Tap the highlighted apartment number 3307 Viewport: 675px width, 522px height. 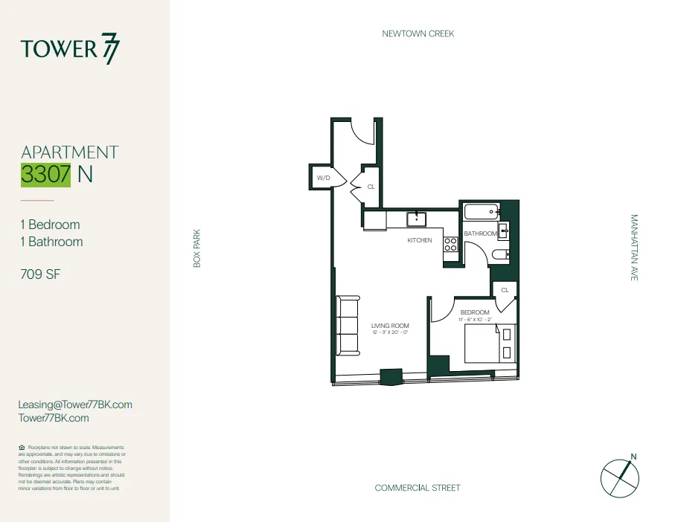46,175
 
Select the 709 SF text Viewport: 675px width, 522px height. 40,274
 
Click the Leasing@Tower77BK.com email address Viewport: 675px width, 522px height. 75,405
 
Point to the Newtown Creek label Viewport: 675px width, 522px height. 418,33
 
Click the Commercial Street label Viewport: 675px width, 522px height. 418,488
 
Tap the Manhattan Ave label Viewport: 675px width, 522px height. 634,248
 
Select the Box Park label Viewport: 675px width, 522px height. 197,248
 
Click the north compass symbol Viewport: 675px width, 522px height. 620,477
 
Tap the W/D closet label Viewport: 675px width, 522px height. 323,178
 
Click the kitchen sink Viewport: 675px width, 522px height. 415,219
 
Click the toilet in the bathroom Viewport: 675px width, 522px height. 500,255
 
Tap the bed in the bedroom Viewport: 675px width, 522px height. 490,344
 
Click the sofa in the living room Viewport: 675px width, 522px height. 348,325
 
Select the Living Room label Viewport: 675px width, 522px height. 390,326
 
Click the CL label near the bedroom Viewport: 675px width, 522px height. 505,290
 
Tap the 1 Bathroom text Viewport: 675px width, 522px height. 51,242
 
